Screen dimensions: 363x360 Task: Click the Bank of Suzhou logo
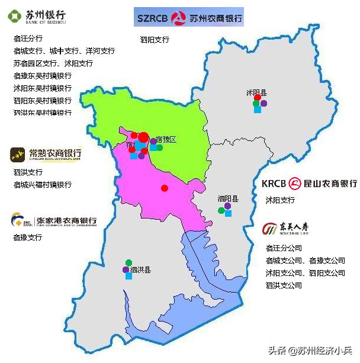[x=37, y=16]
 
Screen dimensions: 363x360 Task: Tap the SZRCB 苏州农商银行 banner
[x=189, y=18]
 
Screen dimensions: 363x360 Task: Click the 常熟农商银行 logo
[x=46, y=155]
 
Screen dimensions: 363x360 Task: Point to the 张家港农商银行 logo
[x=53, y=221]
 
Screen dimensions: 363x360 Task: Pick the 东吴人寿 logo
[x=286, y=228]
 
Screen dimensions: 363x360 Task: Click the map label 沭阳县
[x=256, y=93]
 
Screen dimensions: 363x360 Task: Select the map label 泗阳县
[x=227, y=198]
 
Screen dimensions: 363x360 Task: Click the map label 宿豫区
[x=166, y=139]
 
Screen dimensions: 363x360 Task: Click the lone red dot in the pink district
[x=165, y=188]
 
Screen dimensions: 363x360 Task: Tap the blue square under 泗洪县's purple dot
[x=128, y=276]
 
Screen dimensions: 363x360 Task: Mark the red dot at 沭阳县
[x=258, y=98]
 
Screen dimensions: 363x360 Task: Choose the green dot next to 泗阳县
[x=221, y=210]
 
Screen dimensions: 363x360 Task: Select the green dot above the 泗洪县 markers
[x=128, y=262]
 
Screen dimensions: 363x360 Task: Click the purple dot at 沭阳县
[x=263, y=104]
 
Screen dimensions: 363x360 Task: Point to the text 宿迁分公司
[x=284, y=248]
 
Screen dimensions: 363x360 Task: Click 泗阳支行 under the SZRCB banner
[x=155, y=40]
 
